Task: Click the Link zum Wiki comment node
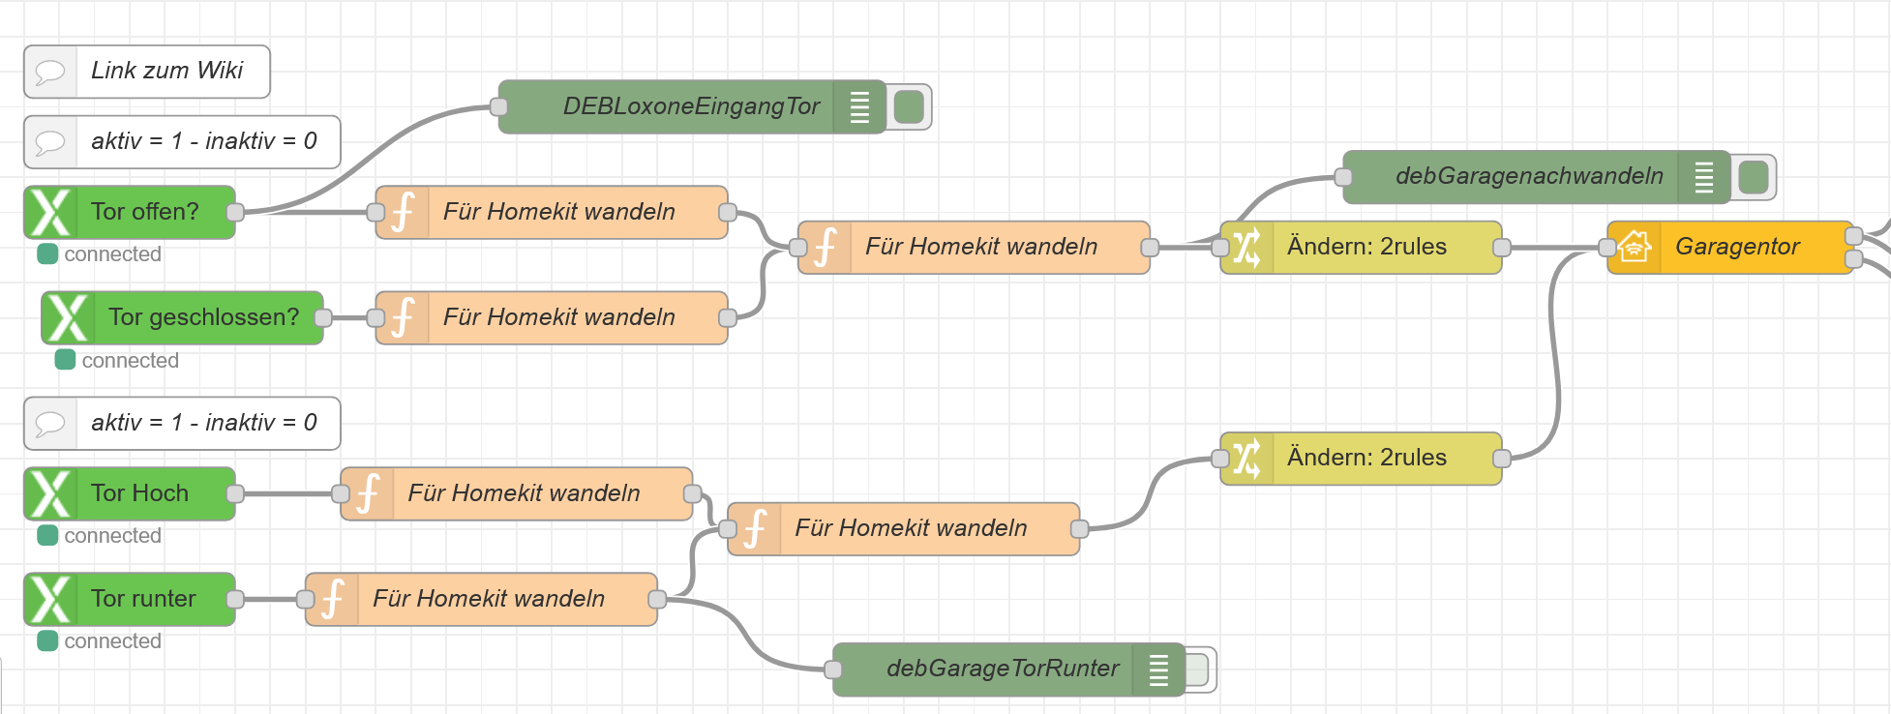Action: pos(165,72)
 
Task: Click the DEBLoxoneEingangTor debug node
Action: pos(689,106)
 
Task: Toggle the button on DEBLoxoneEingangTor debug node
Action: pos(909,106)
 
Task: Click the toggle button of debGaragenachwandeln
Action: pos(1753,177)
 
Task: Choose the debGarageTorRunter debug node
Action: pos(1002,669)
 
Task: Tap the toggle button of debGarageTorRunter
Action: pos(1197,669)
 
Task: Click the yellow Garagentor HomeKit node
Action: pos(1737,248)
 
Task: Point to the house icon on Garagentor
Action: pos(1635,248)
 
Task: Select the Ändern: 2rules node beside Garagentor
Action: pos(1365,248)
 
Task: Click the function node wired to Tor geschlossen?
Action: pos(557,317)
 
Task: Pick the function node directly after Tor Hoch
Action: pos(523,493)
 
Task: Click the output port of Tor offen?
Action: pos(234,212)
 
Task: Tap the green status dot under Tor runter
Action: pos(47,640)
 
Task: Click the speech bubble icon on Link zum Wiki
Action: pos(50,72)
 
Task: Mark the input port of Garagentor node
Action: pos(1607,248)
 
